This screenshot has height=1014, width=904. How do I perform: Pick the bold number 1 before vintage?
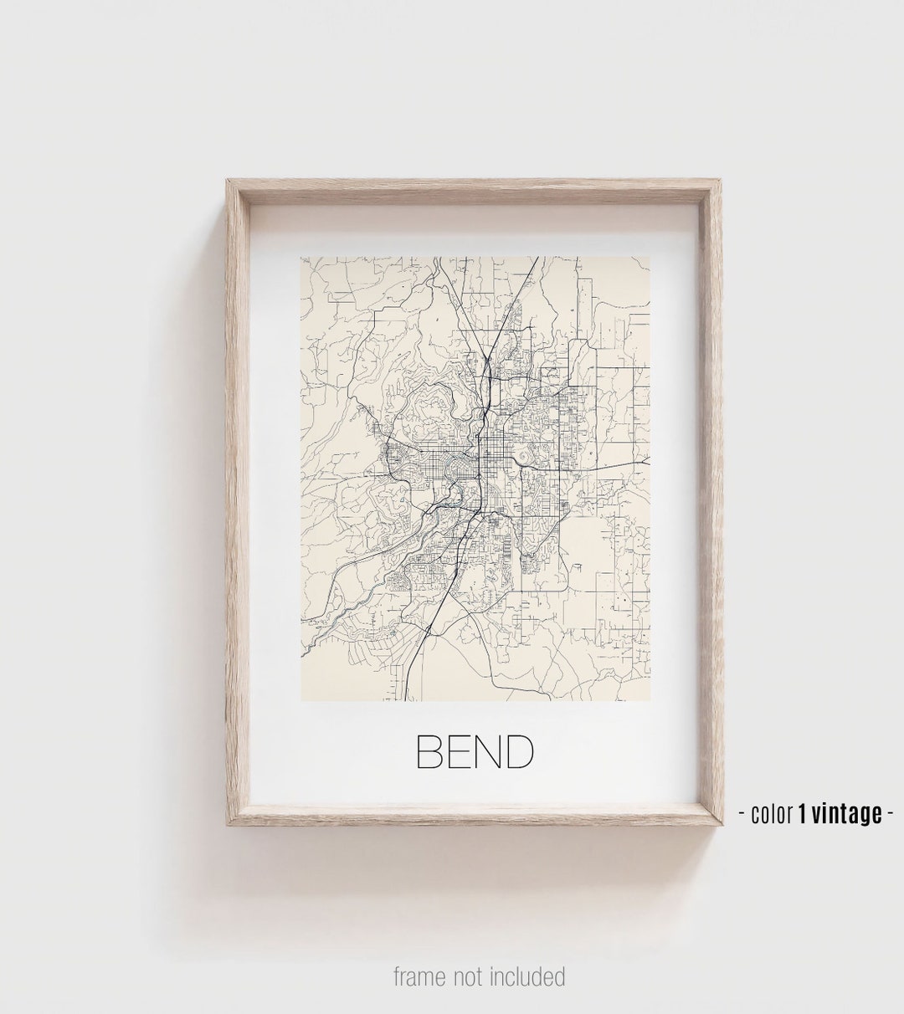coord(803,813)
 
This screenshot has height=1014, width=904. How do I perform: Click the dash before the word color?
coord(743,814)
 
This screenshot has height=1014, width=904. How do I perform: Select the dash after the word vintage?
coord(891,814)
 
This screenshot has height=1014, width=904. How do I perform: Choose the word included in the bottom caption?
coord(528,976)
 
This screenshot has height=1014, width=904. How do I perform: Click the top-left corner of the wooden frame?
coord(227,180)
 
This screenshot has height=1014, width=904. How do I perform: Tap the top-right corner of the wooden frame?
coord(722,180)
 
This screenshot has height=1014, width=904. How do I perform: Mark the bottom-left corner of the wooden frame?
coord(227,825)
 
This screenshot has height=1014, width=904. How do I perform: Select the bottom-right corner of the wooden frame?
coord(722,825)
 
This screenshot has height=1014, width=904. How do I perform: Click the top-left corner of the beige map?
coord(301,258)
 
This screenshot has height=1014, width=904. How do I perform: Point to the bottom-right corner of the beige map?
coord(650,700)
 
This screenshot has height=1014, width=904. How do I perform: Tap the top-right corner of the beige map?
coord(650,258)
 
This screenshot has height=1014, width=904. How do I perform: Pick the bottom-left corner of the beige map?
coord(301,700)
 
